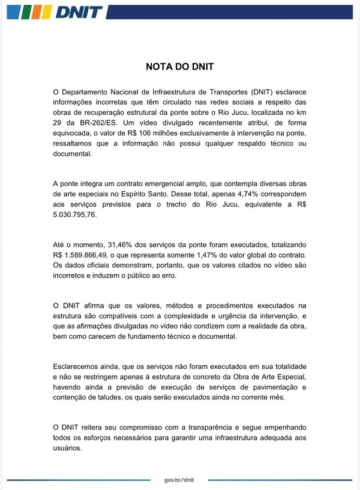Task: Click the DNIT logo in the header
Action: pos(54,11)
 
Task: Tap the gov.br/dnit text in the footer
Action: pos(179,480)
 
